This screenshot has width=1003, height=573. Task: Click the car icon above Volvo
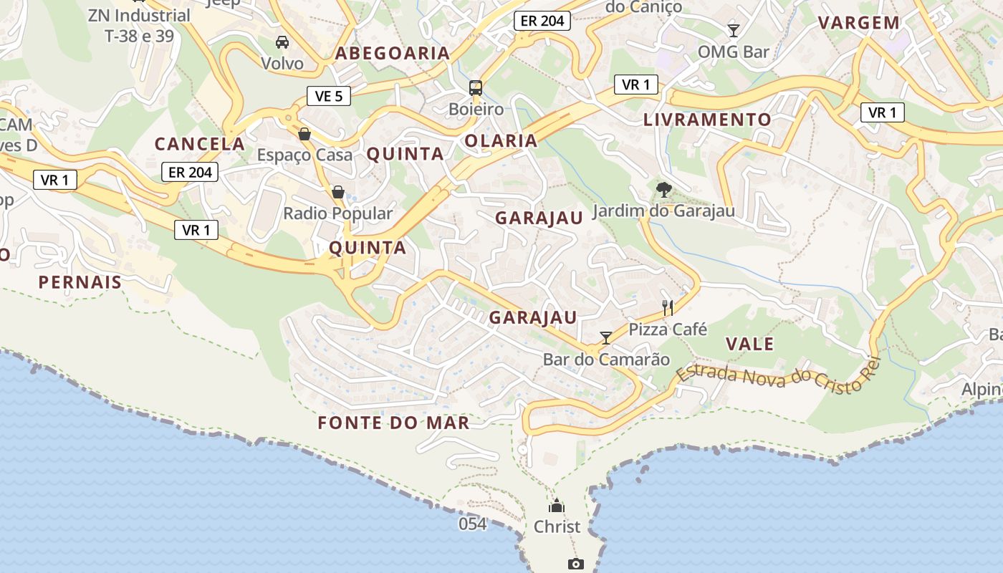tap(282, 42)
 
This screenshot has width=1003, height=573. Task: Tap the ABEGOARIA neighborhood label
tap(393, 53)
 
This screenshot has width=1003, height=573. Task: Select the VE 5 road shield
tap(329, 96)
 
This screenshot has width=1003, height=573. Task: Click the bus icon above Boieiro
tap(476, 88)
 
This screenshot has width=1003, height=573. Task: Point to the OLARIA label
tap(501, 140)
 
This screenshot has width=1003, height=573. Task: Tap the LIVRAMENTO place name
tap(707, 120)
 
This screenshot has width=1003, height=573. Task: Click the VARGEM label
tap(859, 22)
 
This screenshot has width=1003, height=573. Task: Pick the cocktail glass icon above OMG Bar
tap(733, 30)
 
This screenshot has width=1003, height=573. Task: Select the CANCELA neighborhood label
tap(200, 144)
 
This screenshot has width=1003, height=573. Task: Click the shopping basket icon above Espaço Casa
tap(304, 134)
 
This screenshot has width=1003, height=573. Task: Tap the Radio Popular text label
tap(338, 213)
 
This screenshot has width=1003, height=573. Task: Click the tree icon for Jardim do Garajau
tap(664, 190)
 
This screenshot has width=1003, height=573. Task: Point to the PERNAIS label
tap(80, 282)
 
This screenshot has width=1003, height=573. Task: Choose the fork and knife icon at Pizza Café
tap(668, 308)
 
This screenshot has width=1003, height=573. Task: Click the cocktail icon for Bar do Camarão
tap(606, 337)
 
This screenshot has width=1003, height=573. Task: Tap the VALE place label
tap(750, 344)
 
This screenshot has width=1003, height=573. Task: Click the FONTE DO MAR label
tap(394, 423)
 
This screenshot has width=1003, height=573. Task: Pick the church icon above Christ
tap(557, 505)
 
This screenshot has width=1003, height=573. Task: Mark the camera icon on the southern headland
tap(575, 564)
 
